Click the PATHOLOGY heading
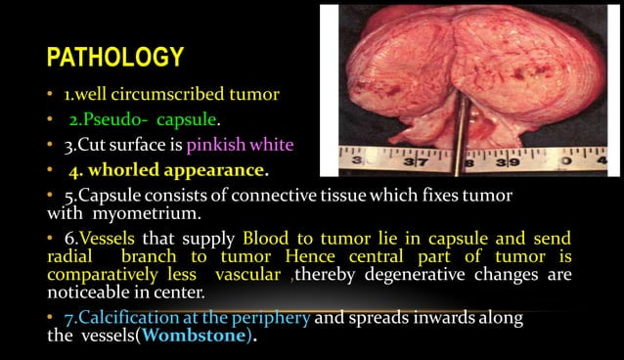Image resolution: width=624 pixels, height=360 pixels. (x=114, y=57)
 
